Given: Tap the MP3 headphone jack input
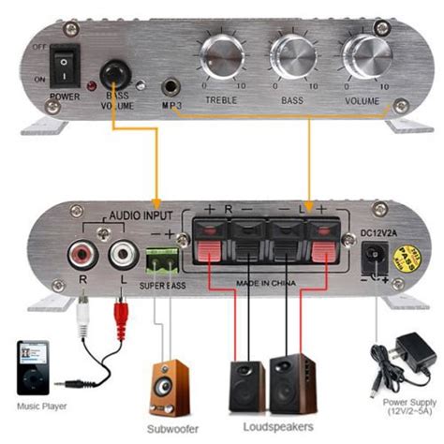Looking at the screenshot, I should click(171, 86).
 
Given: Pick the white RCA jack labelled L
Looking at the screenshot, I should click(119, 251).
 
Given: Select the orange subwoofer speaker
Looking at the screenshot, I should click(168, 386).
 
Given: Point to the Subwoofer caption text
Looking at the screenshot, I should click(169, 428).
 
